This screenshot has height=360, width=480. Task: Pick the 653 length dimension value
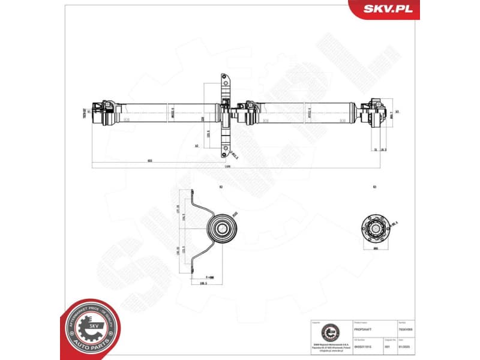click(x=149, y=160)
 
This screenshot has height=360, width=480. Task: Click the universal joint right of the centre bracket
click(x=247, y=112)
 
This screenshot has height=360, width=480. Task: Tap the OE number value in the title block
click(x=362, y=347)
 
